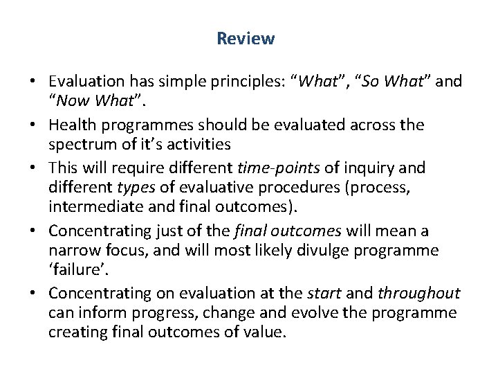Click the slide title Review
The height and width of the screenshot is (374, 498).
tap(246, 39)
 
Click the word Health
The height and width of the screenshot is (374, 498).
tap(72, 125)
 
